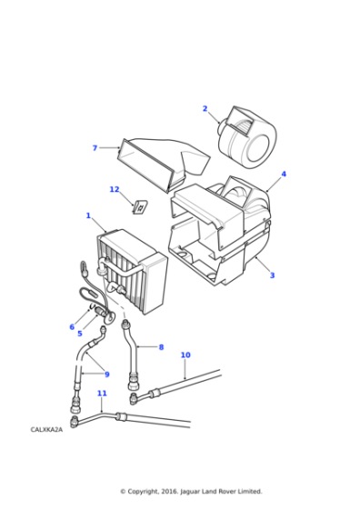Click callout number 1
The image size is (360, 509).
(88, 215)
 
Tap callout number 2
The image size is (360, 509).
(205, 109)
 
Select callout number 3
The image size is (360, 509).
(272, 275)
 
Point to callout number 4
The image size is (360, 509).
(284, 174)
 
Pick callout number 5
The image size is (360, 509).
(79, 334)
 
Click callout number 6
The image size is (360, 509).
(72, 327)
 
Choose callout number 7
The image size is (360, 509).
(95, 147)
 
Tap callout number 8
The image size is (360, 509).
(161, 347)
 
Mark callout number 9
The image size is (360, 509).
(106, 374)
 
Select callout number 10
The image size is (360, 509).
(185, 354)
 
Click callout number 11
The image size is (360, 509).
(102, 394)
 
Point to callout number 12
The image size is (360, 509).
(115, 189)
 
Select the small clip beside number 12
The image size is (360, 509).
(140, 207)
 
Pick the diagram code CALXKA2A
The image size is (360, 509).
(46, 429)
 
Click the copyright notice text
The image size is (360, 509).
(191, 492)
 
